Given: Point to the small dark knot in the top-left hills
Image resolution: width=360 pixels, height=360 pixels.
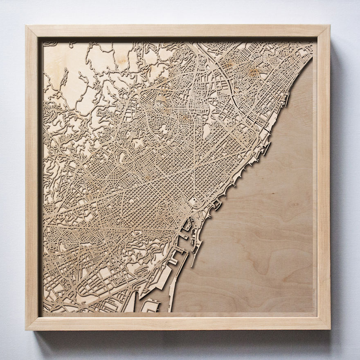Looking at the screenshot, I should pos(123,61).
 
